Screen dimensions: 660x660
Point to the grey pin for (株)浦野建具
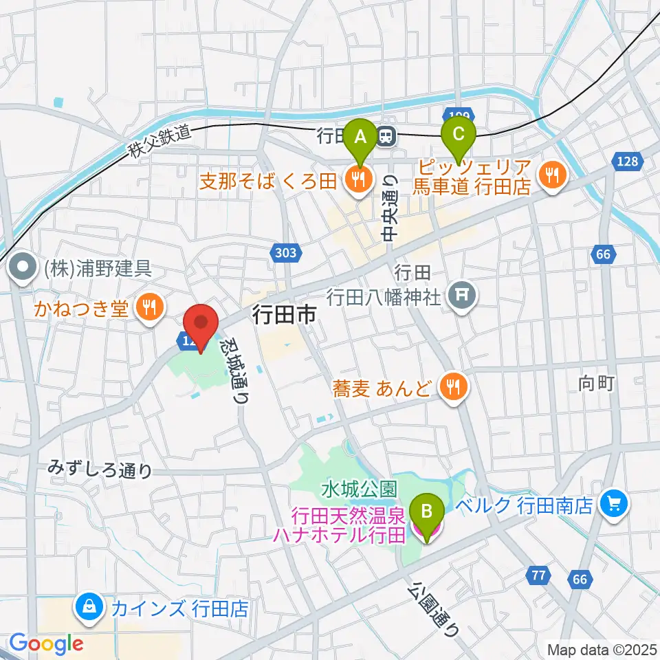coord(23,268)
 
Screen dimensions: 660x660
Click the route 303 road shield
coord(285,253)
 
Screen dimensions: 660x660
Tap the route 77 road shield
coord(539,575)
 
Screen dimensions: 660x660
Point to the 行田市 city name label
coord(284,315)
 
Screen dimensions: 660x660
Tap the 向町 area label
coord(595,384)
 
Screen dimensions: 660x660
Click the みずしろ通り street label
coord(100,470)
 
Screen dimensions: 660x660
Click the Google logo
coord(47,644)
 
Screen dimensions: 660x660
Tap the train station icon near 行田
coord(387,136)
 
